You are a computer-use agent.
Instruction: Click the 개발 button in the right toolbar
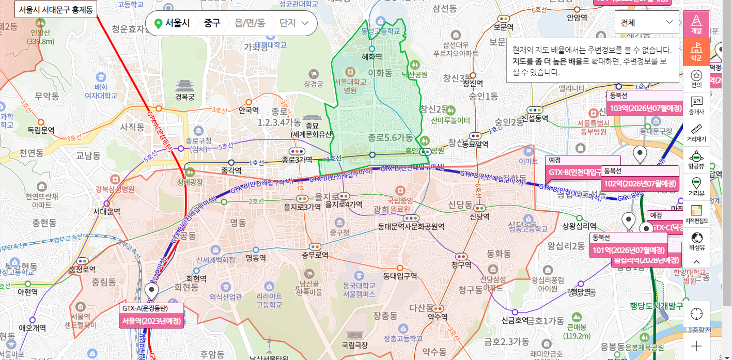[x=696, y=24]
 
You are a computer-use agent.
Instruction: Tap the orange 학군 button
[x=696, y=51]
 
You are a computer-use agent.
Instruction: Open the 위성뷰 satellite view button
[x=696, y=241]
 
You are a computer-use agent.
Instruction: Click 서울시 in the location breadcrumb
[x=173, y=23]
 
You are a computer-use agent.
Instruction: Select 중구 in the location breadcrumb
[x=212, y=23]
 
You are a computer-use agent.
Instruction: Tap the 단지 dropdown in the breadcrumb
[x=293, y=23]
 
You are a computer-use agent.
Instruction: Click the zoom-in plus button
[x=696, y=346]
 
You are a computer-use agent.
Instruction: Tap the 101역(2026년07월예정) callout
[x=628, y=251]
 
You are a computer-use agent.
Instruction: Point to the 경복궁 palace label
[x=184, y=97]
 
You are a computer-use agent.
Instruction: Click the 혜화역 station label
[x=371, y=57]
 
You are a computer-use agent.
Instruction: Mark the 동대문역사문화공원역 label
[x=411, y=226]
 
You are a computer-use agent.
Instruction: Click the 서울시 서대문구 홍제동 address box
[x=55, y=9]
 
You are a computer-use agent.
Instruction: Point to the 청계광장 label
[x=190, y=182]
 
